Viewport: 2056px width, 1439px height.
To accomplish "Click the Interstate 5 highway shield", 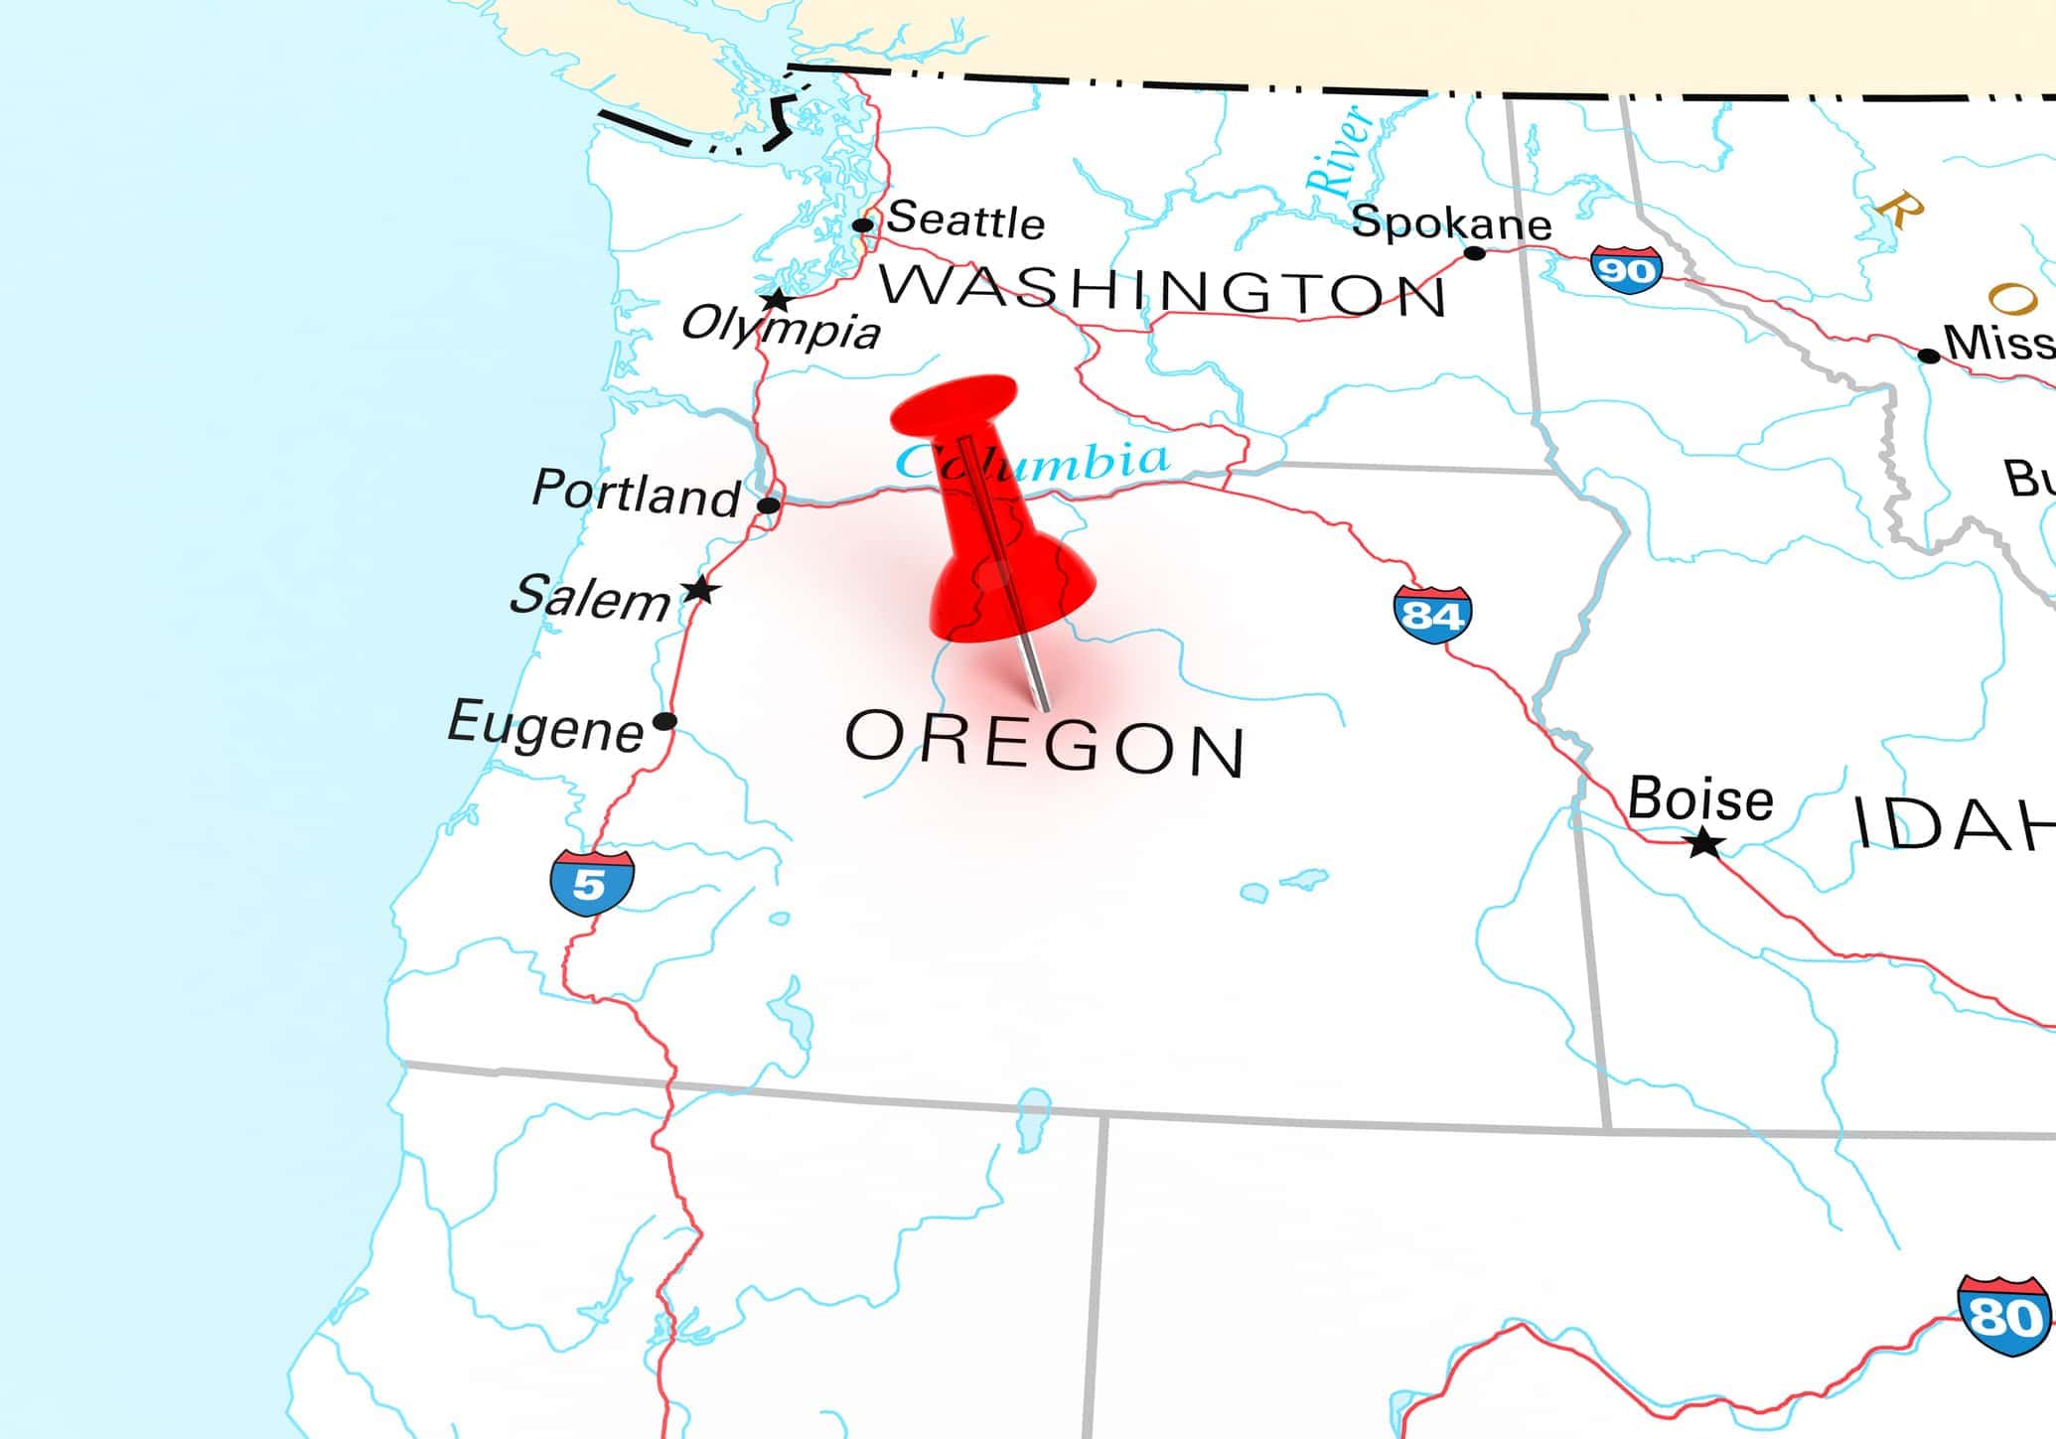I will tap(592, 882).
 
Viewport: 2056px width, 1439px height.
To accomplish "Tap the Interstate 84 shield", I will tap(1431, 615).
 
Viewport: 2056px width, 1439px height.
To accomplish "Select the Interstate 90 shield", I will tap(1626, 269).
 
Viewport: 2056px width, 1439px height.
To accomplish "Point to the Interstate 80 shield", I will tap(2004, 1316).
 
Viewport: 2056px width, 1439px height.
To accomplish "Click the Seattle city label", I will tap(964, 219).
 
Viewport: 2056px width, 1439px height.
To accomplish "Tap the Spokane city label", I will tap(1451, 222).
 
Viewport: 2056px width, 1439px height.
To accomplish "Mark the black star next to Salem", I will tap(701, 590).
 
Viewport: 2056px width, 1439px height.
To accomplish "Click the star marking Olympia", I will tap(776, 299).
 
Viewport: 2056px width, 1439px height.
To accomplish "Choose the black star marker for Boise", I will tap(1705, 844).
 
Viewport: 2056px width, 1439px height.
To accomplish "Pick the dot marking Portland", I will tap(768, 505).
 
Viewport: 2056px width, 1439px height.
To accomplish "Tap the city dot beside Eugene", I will tap(665, 721).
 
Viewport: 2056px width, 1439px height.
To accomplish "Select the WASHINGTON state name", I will tap(1162, 290).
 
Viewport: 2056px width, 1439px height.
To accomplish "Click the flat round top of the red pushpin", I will tap(954, 402).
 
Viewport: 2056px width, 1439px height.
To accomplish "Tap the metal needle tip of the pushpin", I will tap(1044, 707).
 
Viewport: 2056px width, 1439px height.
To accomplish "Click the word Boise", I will tap(1699, 798).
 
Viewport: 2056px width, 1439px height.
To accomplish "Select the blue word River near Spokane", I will tap(1341, 151).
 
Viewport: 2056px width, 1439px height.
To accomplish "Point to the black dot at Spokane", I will tap(1475, 253).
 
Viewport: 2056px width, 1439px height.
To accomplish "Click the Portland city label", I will tap(637, 493).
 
